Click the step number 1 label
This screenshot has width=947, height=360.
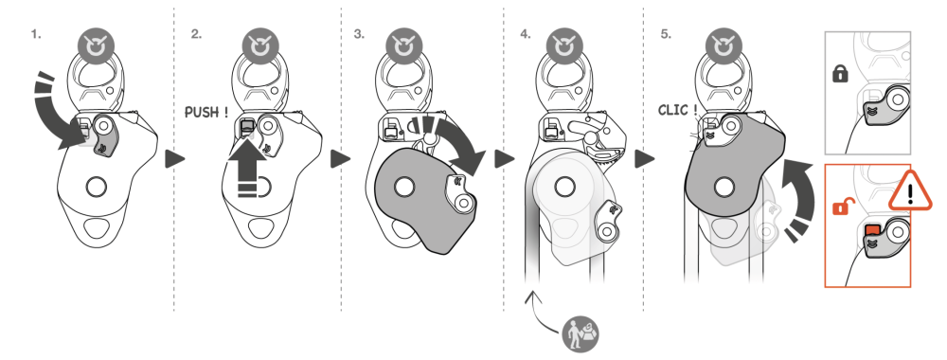(36, 34)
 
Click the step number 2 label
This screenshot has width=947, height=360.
(196, 34)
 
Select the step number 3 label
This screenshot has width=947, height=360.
(359, 34)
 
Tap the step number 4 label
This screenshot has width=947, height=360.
(526, 34)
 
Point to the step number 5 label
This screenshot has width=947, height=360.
(666, 34)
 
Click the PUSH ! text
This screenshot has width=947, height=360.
(206, 113)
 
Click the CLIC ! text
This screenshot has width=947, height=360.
(678, 110)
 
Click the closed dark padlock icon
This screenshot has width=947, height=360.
(840, 74)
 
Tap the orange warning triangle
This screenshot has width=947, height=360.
(910, 191)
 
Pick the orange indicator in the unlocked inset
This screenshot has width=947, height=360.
(872, 230)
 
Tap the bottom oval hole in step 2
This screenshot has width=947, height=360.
(259, 228)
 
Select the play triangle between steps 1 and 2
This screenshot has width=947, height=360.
(175, 159)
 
